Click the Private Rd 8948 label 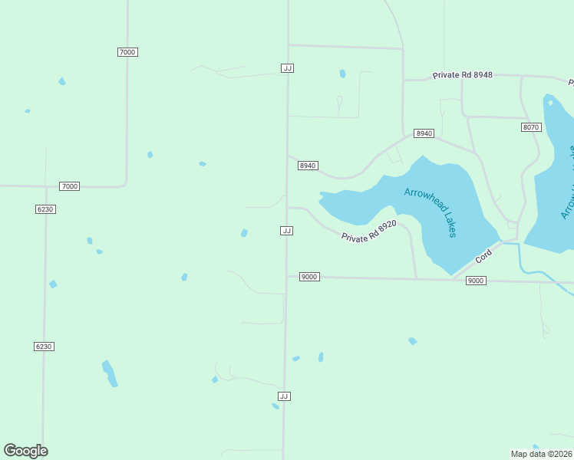pyautogui.click(x=462, y=75)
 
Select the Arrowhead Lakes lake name pyautogui.click(x=431, y=212)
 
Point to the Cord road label pyautogui.click(x=483, y=256)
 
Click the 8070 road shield pyautogui.click(x=531, y=127)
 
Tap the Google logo pyautogui.click(x=26, y=451)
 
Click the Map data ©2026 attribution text pyautogui.click(x=541, y=453)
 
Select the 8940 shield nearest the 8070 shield pyautogui.click(x=424, y=133)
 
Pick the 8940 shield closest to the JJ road pyautogui.click(x=308, y=166)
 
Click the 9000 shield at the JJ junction pyautogui.click(x=308, y=277)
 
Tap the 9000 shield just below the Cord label pyautogui.click(x=475, y=281)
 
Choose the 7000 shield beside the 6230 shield pyautogui.click(x=69, y=186)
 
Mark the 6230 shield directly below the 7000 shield pyautogui.click(x=45, y=209)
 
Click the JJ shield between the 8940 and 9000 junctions pyautogui.click(x=286, y=231)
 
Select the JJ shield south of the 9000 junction pyautogui.click(x=284, y=396)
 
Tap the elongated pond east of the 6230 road pyautogui.click(x=110, y=373)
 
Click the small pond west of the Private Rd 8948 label pyautogui.click(x=342, y=74)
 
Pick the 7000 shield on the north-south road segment pyautogui.click(x=127, y=51)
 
